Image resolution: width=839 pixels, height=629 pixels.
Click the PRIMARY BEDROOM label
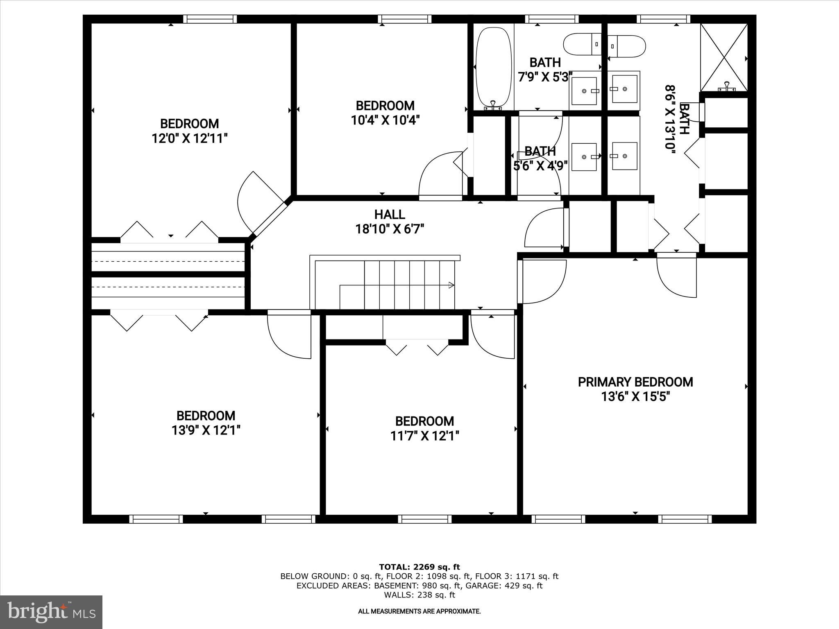pyautogui.click(x=635, y=382)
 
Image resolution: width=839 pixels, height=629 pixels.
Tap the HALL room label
pyautogui.click(x=390, y=215)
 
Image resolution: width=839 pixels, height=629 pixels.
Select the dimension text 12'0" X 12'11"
pyautogui.click(x=189, y=138)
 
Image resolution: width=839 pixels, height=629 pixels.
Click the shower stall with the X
pyautogui.click(x=724, y=57)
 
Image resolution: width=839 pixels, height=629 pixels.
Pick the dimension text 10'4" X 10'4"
pyautogui.click(x=385, y=120)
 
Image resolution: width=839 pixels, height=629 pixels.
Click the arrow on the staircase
pyautogui.click(x=451, y=285)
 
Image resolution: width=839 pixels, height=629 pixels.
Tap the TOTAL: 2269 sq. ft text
pyautogui.click(x=419, y=567)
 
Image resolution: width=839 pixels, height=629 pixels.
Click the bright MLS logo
pyautogui.click(x=51, y=612)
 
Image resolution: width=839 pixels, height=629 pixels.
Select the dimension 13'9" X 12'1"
pyautogui.click(x=206, y=430)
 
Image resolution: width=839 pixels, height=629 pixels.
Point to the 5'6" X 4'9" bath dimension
pyautogui.click(x=540, y=166)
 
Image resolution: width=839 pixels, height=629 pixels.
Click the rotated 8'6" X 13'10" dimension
pyautogui.click(x=670, y=119)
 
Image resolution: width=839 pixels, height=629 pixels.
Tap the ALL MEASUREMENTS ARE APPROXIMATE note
pyautogui.click(x=419, y=611)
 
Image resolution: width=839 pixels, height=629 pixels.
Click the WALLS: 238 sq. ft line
pyautogui.click(x=419, y=595)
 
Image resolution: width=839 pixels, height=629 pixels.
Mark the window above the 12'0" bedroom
pyautogui.click(x=210, y=19)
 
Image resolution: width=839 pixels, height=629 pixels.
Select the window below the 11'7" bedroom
pyautogui.click(x=424, y=519)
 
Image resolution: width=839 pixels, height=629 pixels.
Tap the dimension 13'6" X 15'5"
pyautogui.click(x=635, y=397)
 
